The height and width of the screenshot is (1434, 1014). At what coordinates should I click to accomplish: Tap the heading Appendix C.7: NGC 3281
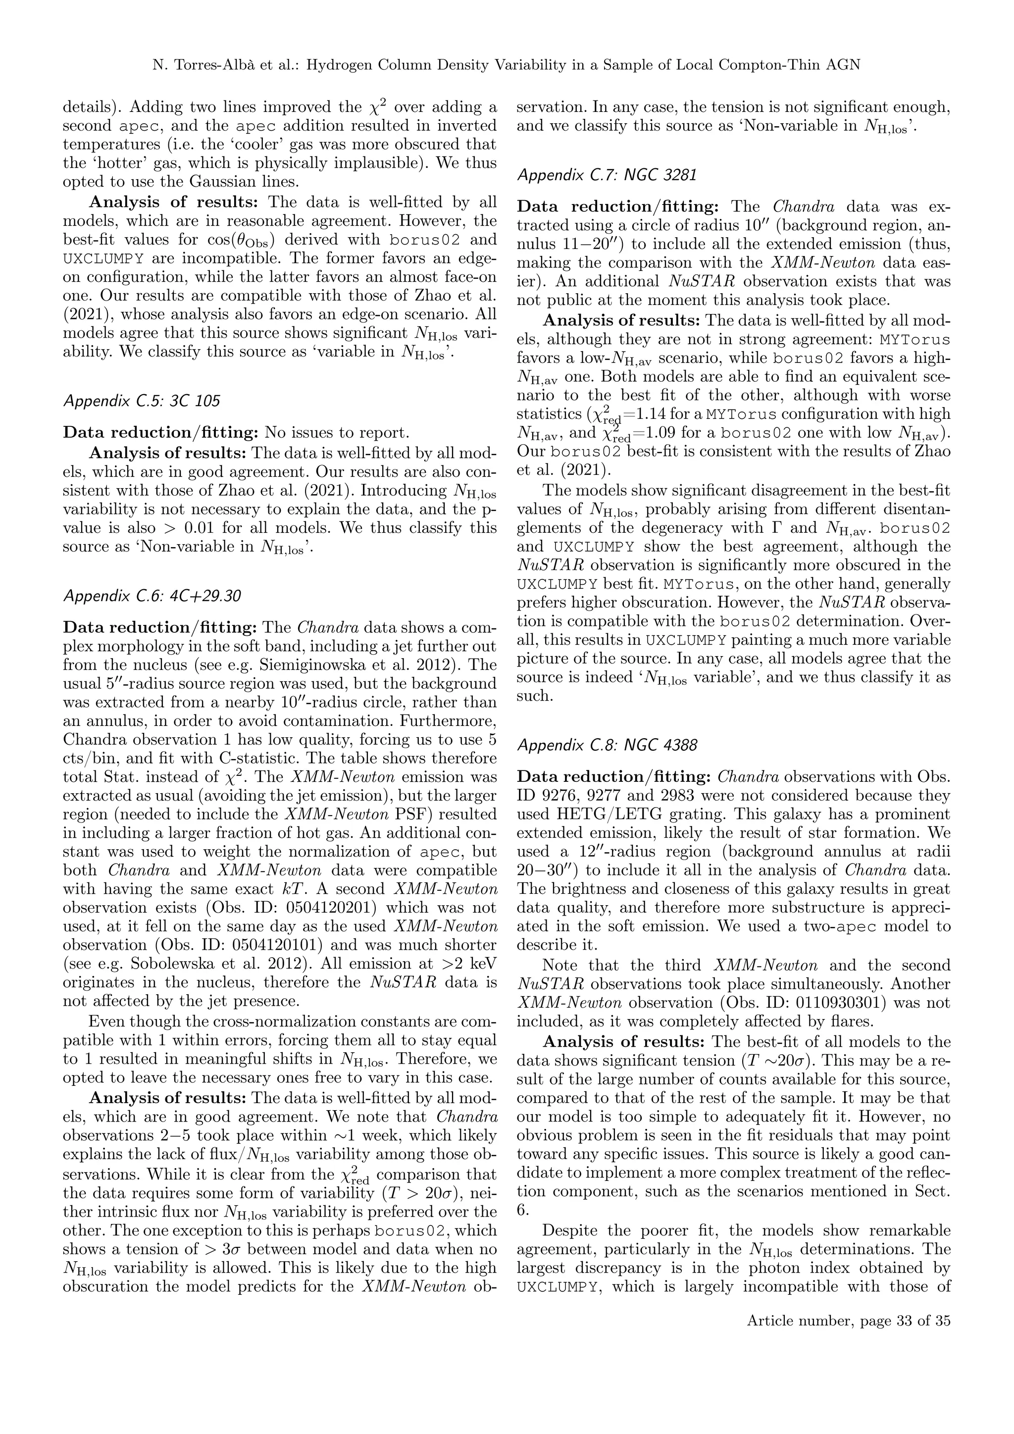607,175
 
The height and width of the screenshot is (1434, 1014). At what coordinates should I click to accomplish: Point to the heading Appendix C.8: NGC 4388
607,745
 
